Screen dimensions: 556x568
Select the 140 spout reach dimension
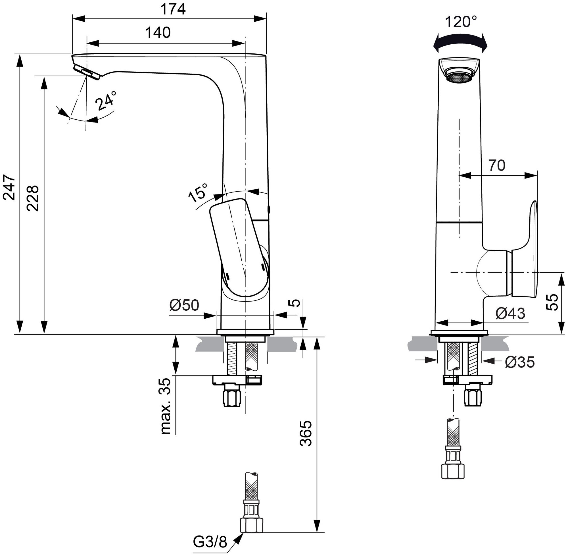158,33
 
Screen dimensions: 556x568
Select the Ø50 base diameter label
184,306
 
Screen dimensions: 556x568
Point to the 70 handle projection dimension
497,165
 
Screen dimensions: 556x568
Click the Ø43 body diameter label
510,313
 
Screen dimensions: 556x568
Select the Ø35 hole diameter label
520,362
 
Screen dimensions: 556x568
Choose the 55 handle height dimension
552,302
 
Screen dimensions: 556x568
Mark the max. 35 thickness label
165,406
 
